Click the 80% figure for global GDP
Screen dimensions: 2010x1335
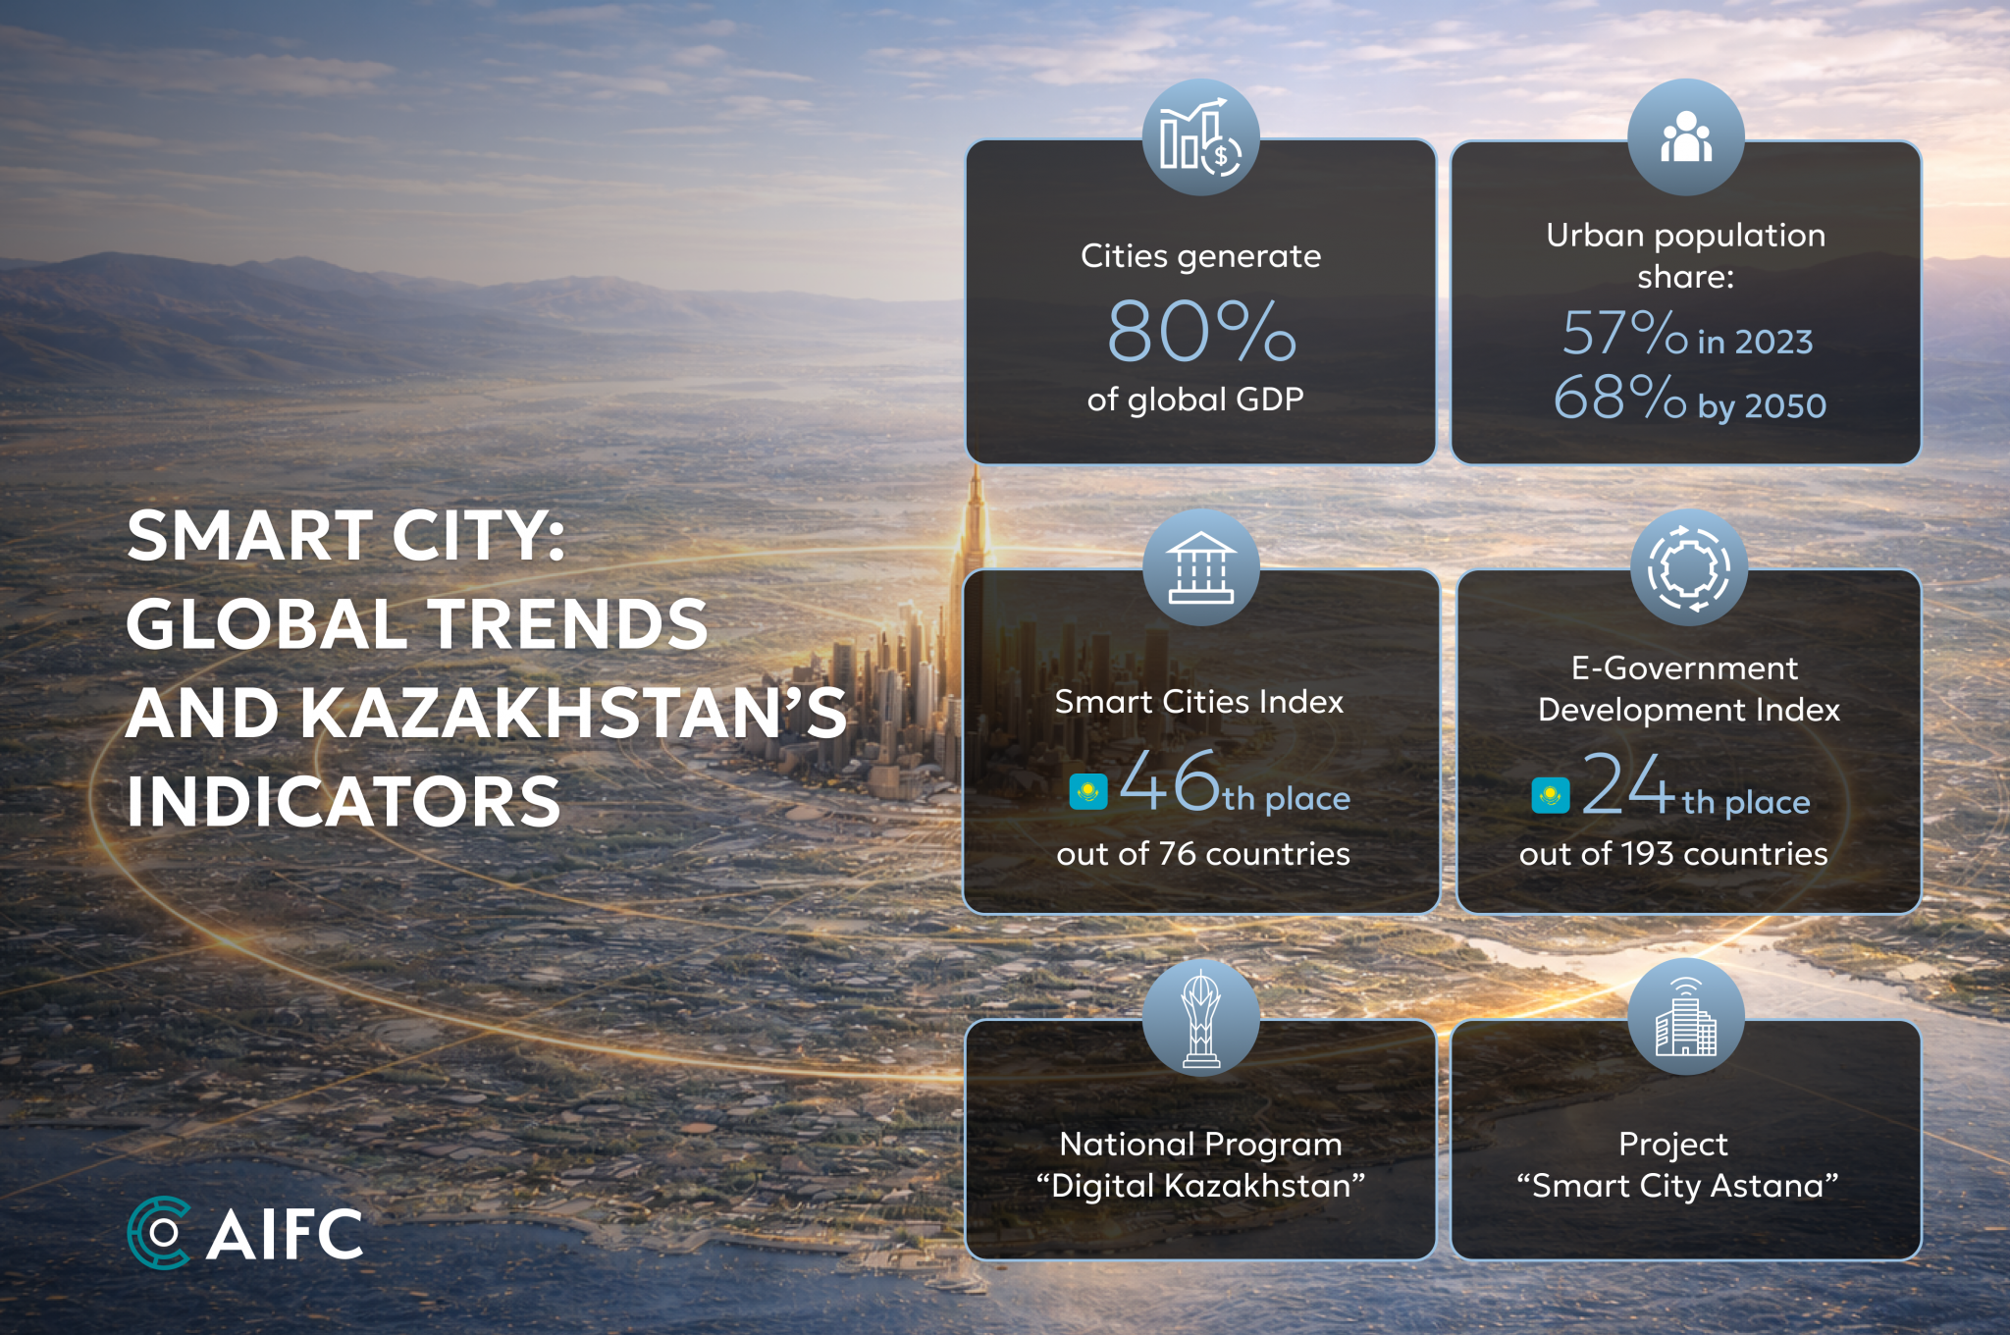point(1201,331)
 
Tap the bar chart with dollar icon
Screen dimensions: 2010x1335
point(1200,138)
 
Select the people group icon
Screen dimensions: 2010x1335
point(1686,136)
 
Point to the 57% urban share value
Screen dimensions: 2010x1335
point(1624,333)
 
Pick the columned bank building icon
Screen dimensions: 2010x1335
point(1200,567)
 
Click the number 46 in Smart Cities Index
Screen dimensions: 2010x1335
point(1169,780)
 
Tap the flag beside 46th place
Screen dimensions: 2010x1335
point(1088,791)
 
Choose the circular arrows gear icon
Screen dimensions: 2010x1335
point(1689,567)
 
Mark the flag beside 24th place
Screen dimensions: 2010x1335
point(1551,795)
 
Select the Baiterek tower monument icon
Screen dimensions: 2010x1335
point(1200,1018)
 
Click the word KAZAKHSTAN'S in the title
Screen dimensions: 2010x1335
point(573,713)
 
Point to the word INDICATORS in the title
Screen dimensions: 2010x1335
point(344,801)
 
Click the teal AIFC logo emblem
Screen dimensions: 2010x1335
point(158,1233)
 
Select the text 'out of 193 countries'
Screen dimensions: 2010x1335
point(1673,854)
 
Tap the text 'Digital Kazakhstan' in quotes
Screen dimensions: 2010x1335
point(1200,1186)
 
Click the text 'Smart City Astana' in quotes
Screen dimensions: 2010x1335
point(1677,1186)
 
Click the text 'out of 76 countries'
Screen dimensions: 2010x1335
point(1203,854)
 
